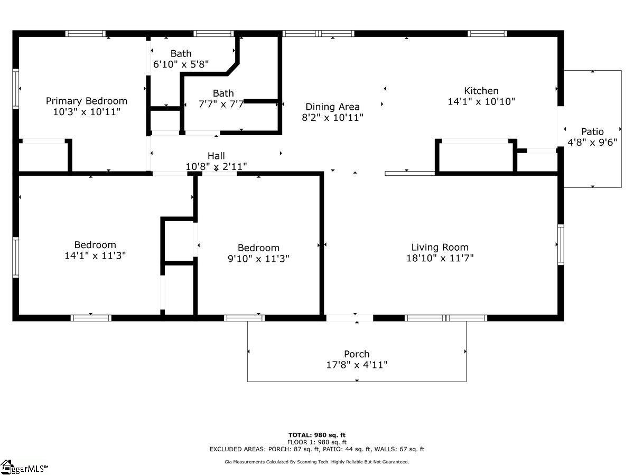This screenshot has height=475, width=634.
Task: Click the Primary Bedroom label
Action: point(86,101)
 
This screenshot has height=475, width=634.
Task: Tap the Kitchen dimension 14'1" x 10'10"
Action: point(481,101)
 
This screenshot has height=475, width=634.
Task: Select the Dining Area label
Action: point(332,107)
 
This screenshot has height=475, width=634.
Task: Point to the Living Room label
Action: point(440,247)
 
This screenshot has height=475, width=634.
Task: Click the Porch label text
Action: point(357,354)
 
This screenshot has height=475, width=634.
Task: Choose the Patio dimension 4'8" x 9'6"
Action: point(592,142)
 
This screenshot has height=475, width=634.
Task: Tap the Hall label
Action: point(216,156)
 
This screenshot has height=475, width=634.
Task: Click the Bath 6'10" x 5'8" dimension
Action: point(181,64)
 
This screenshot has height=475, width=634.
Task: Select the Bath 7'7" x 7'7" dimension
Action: point(221,104)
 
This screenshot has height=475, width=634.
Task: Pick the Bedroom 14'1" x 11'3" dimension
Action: point(95,255)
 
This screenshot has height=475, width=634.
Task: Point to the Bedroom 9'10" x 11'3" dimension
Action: point(258,259)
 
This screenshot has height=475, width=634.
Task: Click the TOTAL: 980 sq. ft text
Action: point(317,435)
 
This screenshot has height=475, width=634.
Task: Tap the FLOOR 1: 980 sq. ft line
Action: point(317,442)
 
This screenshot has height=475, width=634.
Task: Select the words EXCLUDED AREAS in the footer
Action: point(238,449)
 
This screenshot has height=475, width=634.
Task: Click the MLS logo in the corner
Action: point(24,467)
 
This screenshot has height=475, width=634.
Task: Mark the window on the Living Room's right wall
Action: point(561,244)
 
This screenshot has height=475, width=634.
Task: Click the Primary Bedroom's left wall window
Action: point(16,89)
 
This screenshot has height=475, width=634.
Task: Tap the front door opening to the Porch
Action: point(350,318)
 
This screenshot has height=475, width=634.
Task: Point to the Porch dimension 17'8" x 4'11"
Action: point(357,365)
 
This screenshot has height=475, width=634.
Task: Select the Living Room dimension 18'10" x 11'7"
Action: point(440,258)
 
